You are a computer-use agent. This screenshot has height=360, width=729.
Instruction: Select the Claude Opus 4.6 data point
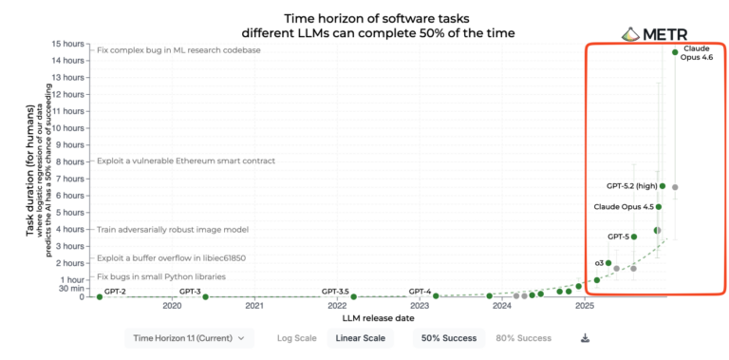click(x=675, y=52)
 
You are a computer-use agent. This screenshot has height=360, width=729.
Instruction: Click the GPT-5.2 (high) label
click(x=632, y=186)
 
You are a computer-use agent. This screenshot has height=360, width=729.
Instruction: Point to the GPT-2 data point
click(x=98, y=296)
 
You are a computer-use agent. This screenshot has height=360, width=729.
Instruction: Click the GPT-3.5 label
click(x=335, y=290)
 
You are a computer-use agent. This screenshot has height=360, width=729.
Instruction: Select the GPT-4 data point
click(x=436, y=296)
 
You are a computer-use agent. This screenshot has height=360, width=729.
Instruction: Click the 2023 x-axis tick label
click(x=420, y=306)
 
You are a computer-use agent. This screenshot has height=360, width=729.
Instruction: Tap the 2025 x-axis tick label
click(x=585, y=306)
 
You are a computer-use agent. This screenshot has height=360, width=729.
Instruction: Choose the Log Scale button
click(x=297, y=337)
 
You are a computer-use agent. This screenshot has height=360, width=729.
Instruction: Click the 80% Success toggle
click(x=524, y=337)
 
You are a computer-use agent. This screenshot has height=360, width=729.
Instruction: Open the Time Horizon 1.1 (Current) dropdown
click(x=189, y=337)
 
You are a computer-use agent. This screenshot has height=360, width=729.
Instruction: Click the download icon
click(x=586, y=337)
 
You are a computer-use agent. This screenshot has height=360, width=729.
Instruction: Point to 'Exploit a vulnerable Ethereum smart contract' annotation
click(x=186, y=161)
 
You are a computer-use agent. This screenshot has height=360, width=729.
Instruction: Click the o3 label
click(x=599, y=262)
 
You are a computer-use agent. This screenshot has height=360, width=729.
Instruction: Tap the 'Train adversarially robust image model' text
click(x=173, y=229)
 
